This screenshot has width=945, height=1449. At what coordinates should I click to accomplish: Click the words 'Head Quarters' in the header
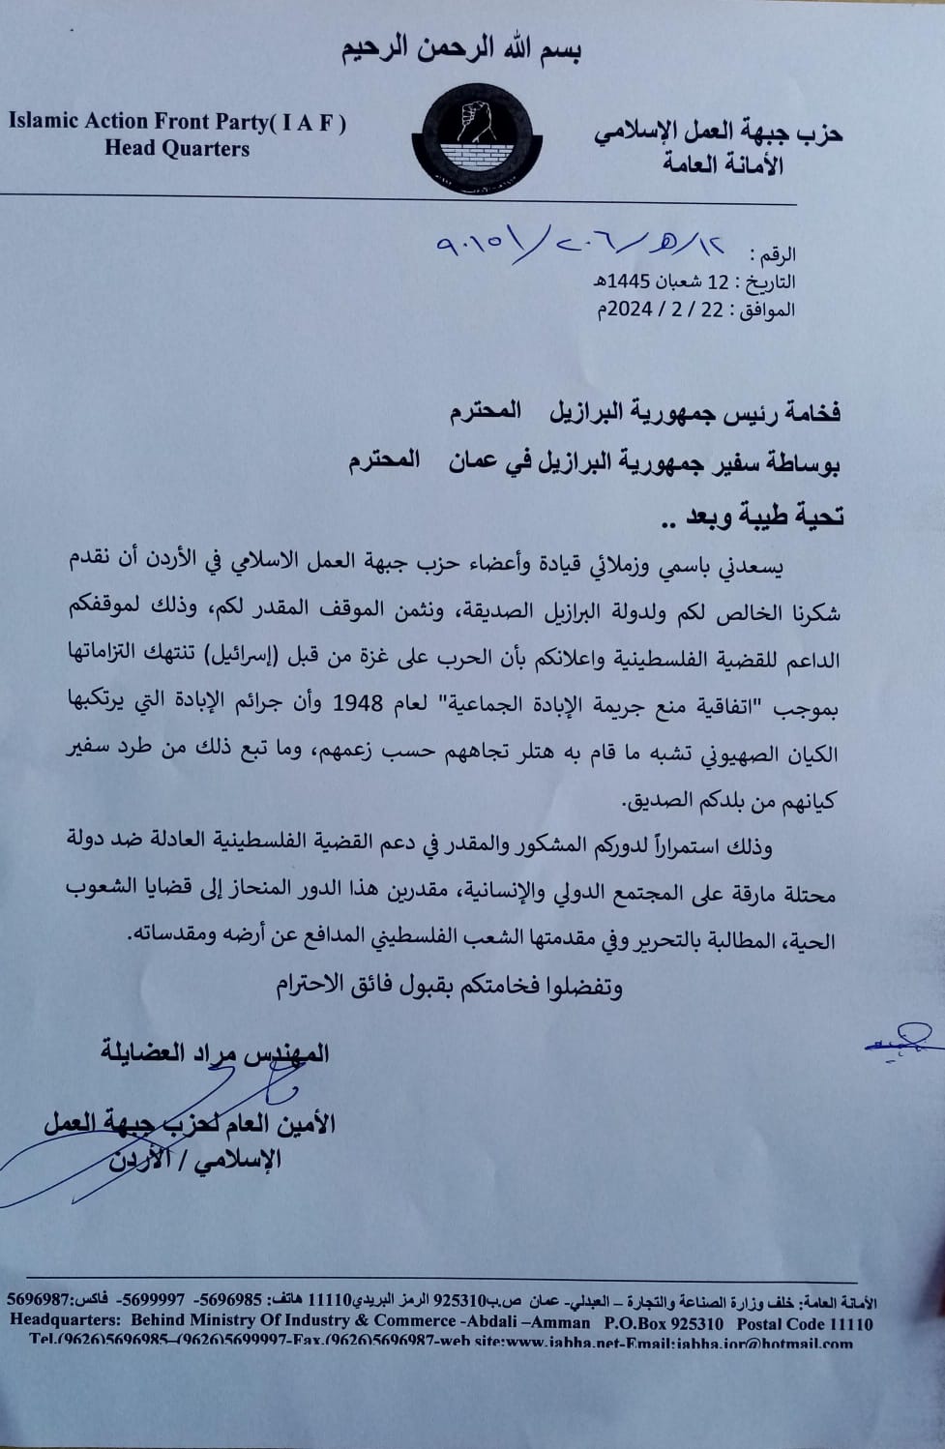coord(177,149)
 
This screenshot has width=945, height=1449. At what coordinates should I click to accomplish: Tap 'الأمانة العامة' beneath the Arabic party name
coord(722,164)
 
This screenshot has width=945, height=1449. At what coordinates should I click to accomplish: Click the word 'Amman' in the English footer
coord(556,1323)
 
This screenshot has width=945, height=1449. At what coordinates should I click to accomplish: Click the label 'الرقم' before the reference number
coord(774,255)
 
